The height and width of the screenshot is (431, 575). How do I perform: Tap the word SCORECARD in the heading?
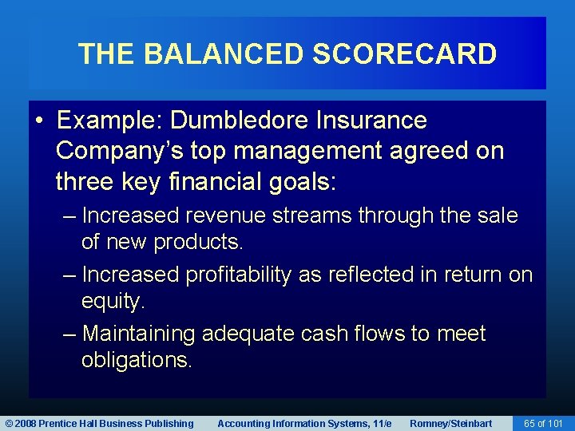405,54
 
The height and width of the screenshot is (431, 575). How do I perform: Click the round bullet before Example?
39,121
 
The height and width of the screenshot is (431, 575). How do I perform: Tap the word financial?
204,182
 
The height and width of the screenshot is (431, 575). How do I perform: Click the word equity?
113,302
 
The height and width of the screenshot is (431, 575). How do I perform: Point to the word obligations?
137,361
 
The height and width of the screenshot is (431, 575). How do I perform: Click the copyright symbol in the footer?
9,424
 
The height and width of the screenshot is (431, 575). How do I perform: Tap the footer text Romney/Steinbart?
450,424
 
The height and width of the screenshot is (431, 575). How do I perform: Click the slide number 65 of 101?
542,424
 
